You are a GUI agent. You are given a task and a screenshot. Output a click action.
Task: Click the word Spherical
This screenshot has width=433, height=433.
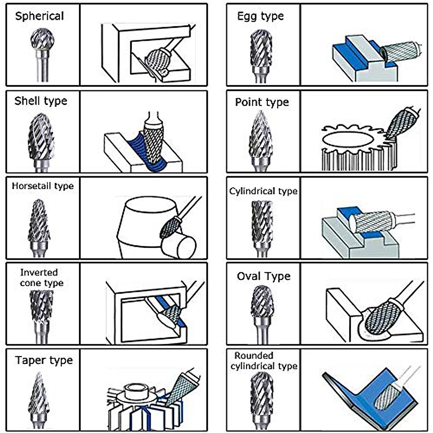click(x=39, y=16)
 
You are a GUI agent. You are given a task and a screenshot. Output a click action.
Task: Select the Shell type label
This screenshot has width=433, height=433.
click(x=41, y=101)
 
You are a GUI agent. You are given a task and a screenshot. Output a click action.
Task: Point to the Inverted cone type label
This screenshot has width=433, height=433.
click(x=41, y=278)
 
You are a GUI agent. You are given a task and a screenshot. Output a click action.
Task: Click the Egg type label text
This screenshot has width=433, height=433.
click(x=260, y=16)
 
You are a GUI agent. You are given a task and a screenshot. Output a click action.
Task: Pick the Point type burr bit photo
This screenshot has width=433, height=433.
click(x=261, y=139)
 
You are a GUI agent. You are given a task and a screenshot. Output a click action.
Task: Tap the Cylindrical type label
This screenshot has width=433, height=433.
click(x=263, y=191)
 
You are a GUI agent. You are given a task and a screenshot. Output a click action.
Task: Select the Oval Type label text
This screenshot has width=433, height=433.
click(x=263, y=276)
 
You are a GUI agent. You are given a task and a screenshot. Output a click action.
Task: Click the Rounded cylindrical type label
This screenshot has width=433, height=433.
click(x=264, y=361)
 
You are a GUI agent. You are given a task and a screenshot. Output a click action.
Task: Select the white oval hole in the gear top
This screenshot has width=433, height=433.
click(x=347, y=139)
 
